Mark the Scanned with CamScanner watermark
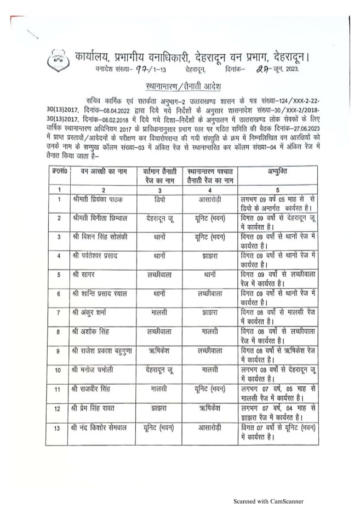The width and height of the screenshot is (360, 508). point(268,500)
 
